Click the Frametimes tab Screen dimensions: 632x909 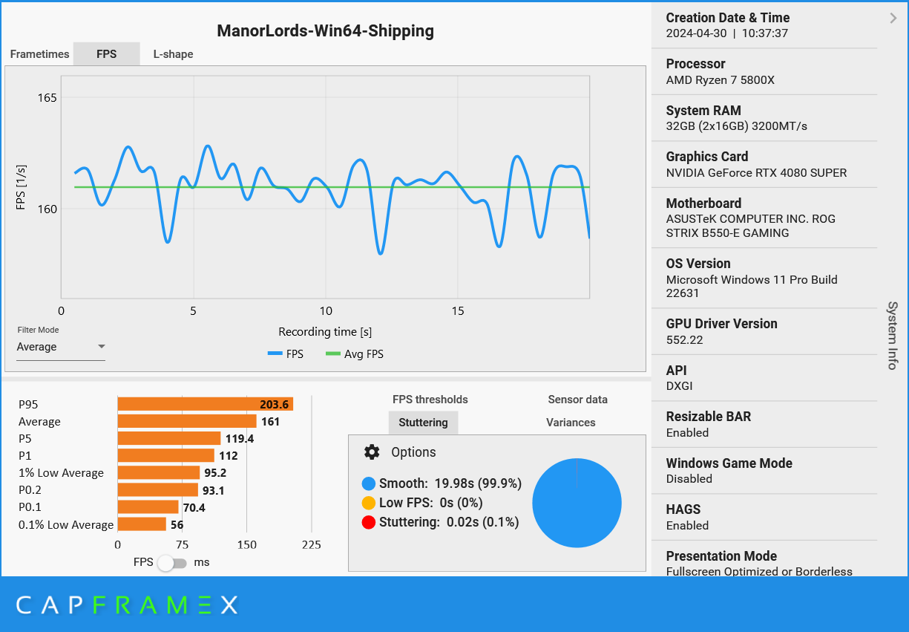tap(39, 54)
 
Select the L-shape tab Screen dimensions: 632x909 tap(173, 54)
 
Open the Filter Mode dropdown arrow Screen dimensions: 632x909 tap(102, 347)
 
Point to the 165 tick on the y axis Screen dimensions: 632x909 tap(47, 97)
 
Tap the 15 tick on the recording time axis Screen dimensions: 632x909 tap(457, 311)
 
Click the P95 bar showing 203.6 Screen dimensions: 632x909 tap(205, 404)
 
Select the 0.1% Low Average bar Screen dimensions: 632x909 tap(142, 524)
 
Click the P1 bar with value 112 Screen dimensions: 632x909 tap(165, 455)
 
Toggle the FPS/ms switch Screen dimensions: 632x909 tap(172, 563)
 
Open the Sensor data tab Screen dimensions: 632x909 tap(577, 400)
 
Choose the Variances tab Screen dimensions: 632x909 tap(571, 423)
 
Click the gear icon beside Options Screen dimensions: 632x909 tap(372, 452)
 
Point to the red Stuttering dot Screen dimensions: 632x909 tap(369, 523)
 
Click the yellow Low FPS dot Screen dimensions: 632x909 tap(369, 503)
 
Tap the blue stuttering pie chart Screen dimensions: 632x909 tap(577, 504)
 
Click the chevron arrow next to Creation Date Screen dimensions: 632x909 tap(893, 19)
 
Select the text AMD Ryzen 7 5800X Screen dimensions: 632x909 tap(720, 80)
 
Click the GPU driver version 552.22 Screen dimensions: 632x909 tap(684, 340)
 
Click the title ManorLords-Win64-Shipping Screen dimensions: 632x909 tap(325, 31)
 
